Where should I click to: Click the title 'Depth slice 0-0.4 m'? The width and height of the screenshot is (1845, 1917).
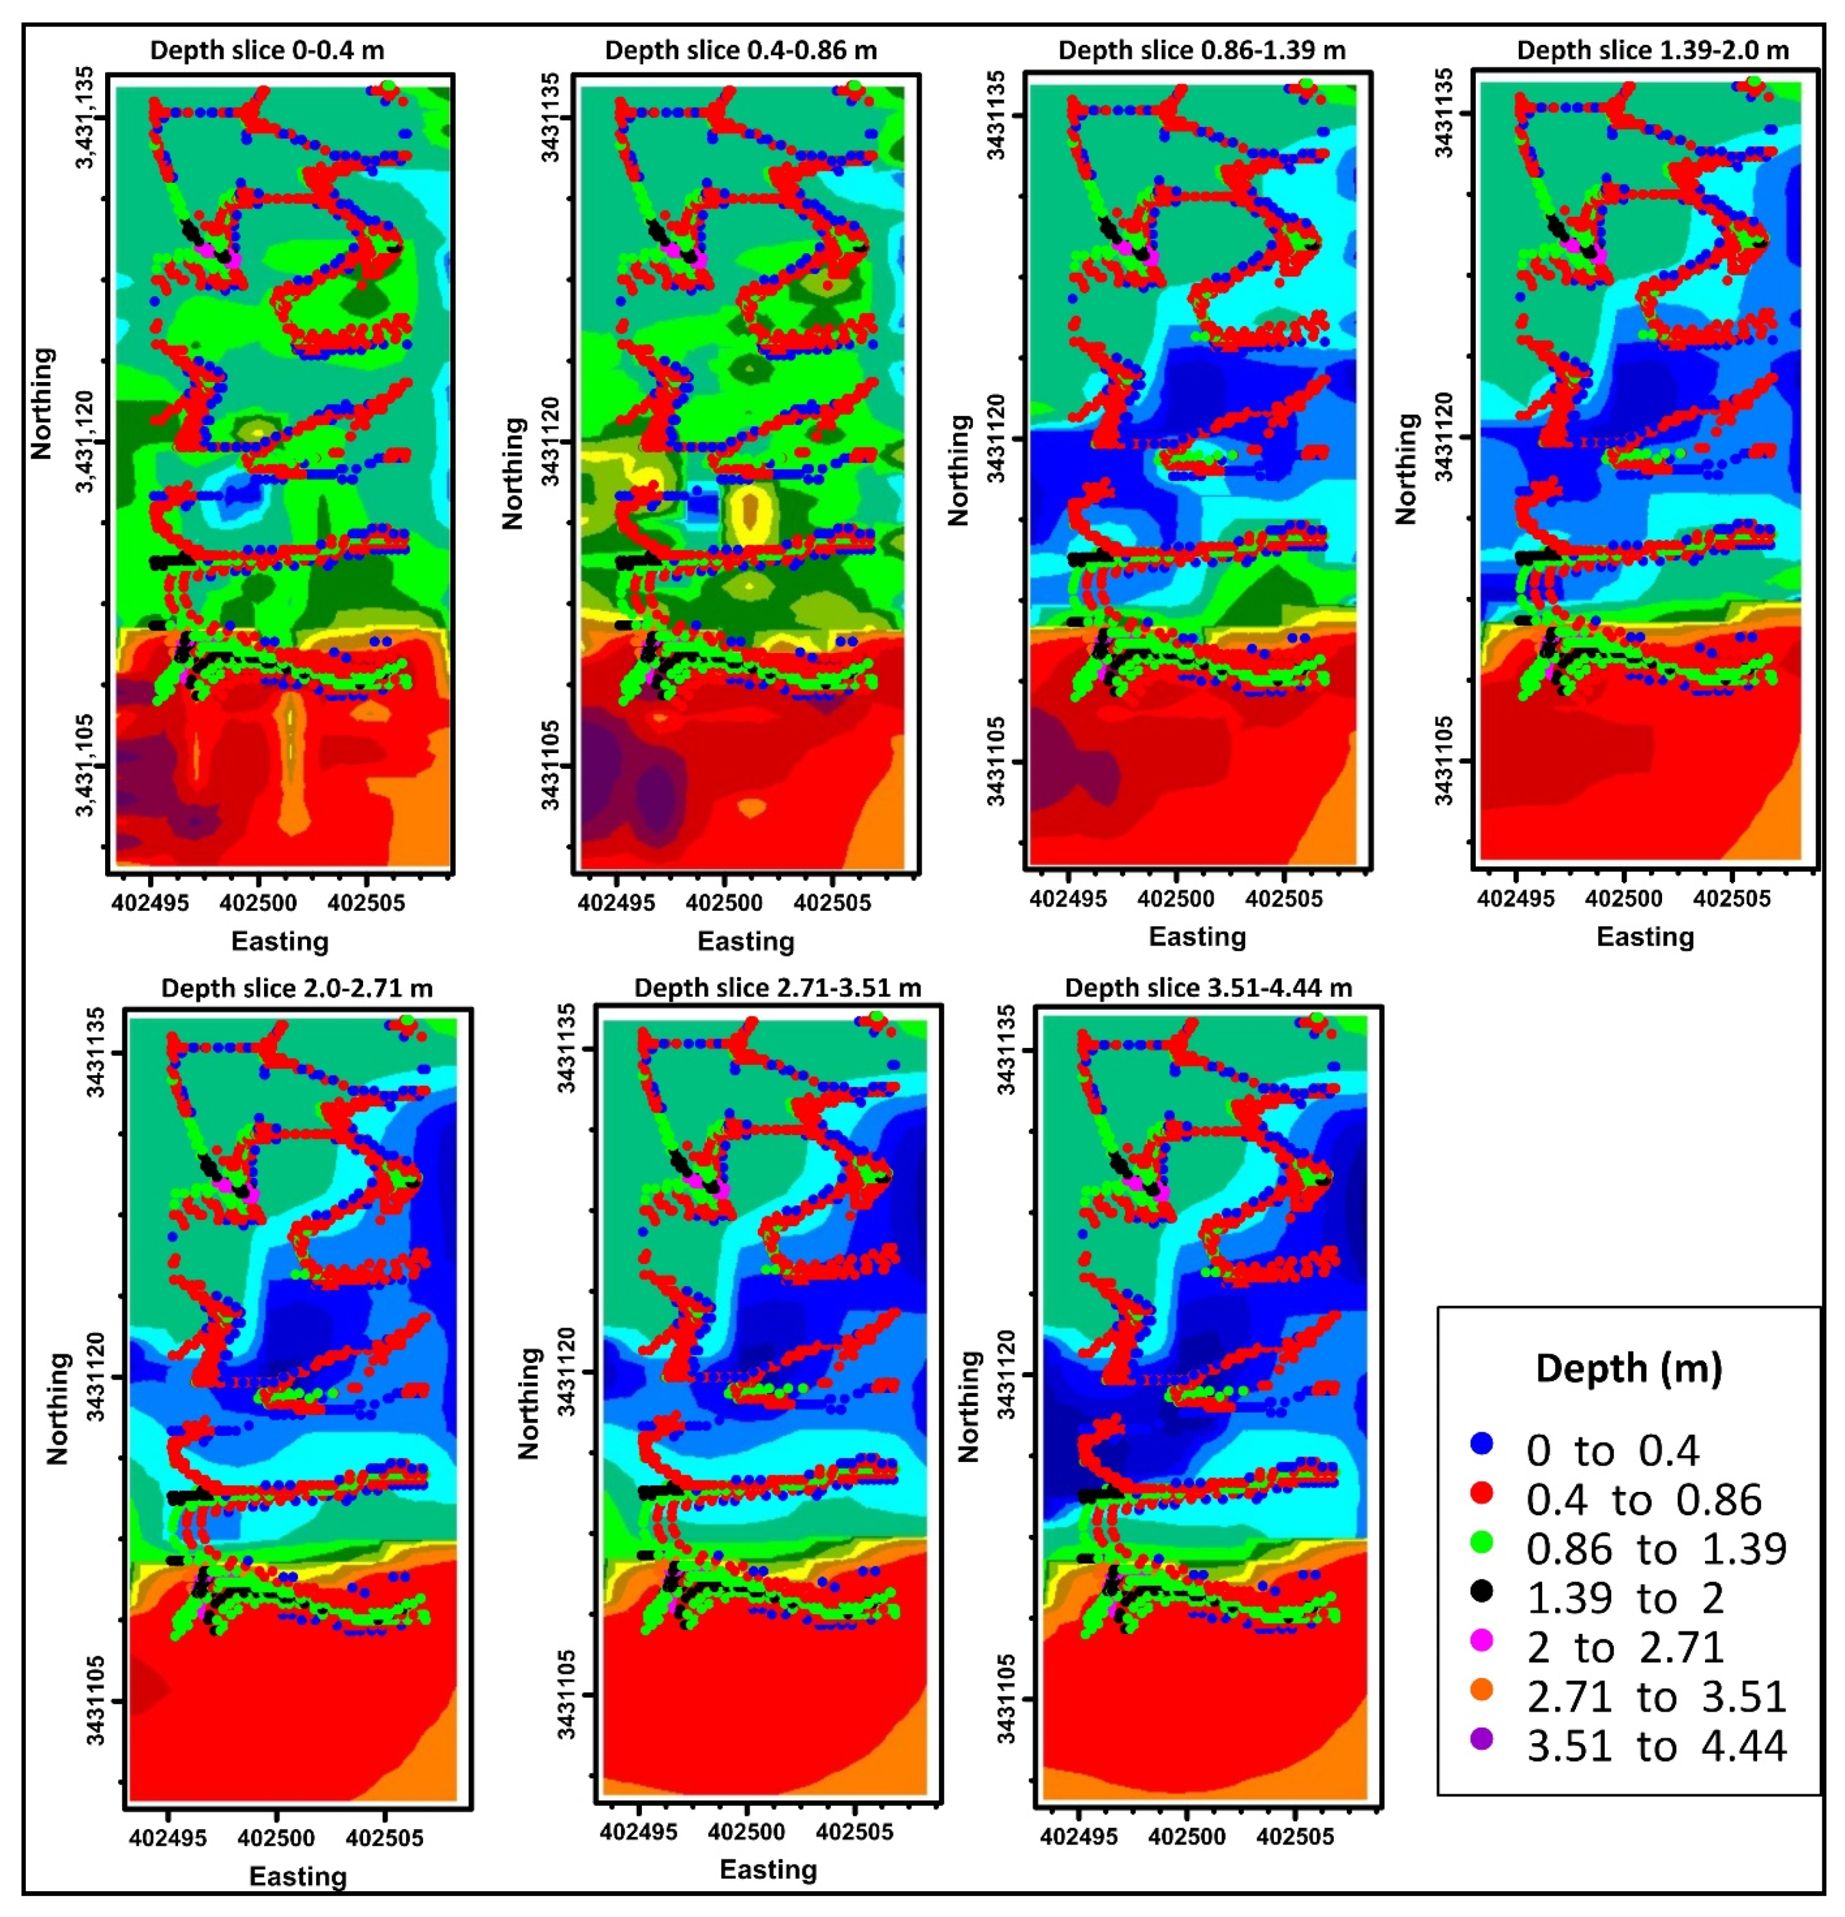click(x=266, y=51)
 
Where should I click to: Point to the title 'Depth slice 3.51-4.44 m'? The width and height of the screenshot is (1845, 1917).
click(x=1208, y=988)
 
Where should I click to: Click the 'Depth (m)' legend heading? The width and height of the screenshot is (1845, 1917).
click(x=1628, y=1367)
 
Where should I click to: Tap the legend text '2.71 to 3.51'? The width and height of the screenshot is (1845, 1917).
click(x=1656, y=1697)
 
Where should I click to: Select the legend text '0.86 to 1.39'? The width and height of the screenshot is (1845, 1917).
click(x=1656, y=1549)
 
